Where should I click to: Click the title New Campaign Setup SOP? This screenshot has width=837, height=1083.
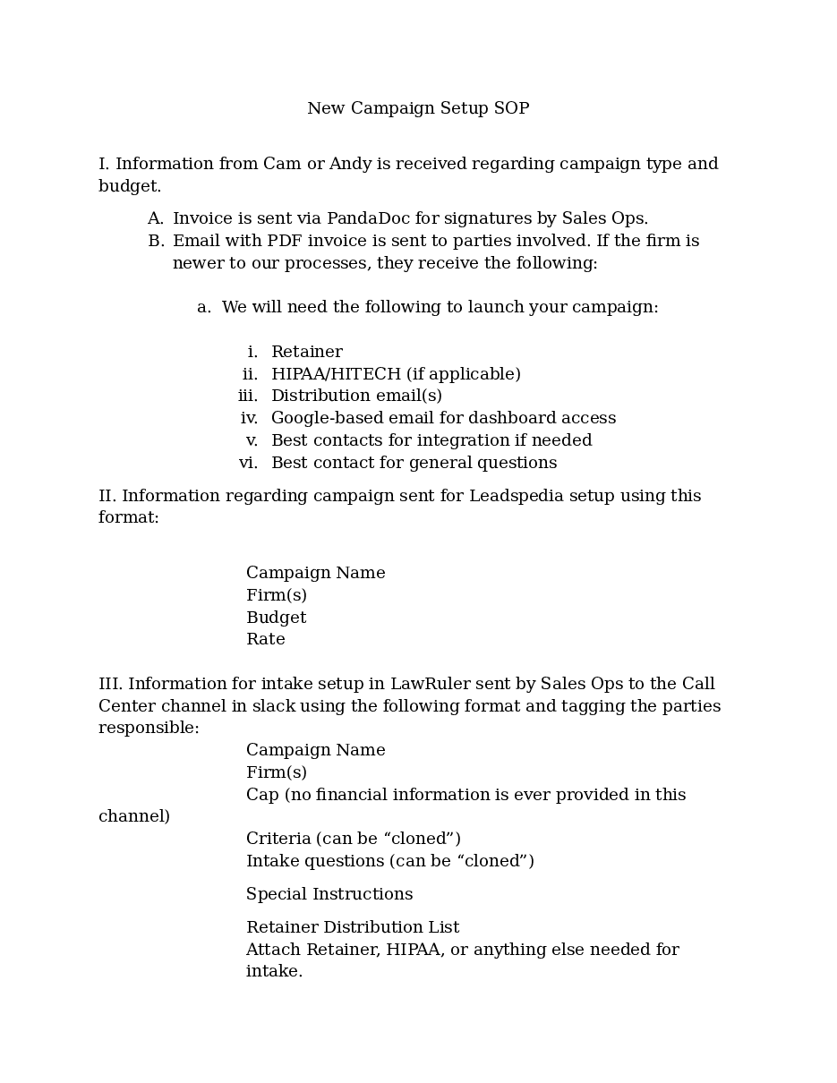[418, 108]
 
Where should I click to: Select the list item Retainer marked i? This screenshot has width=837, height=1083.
[306, 352]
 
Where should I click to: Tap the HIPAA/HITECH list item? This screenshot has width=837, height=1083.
[396, 374]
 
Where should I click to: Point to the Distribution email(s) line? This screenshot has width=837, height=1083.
[356, 396]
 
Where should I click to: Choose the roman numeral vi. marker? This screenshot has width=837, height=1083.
[248, 463]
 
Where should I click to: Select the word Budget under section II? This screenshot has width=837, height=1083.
[276, 618]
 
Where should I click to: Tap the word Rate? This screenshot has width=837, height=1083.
[266, 639]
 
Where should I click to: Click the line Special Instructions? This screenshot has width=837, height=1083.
[329, 894]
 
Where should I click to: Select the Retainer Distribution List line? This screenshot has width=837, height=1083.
[353, 927]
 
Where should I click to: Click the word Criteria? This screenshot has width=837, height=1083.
[278, 839]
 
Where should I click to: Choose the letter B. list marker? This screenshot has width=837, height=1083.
[156, 241]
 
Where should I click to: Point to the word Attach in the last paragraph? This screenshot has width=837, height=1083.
[273, 950]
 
